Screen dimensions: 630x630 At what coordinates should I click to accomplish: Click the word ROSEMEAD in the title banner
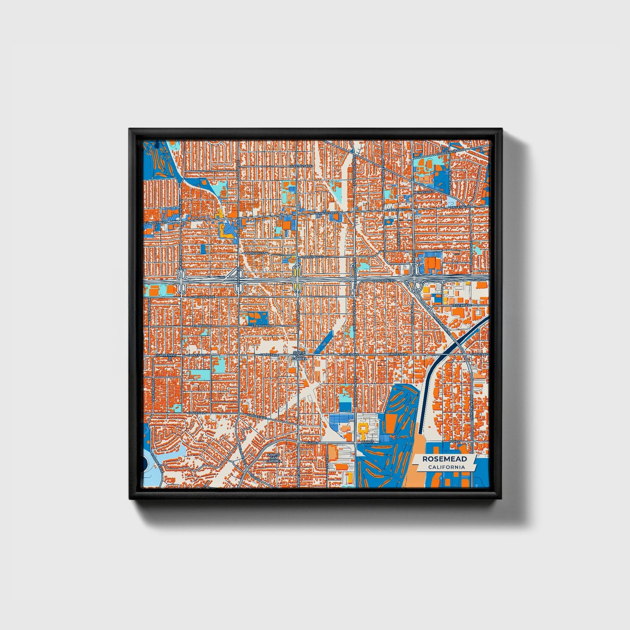(x=444, y=459)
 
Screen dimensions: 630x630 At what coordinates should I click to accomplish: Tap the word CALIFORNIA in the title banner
(x=446, y=467)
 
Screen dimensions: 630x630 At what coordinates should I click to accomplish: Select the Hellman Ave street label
(x=205, y=296)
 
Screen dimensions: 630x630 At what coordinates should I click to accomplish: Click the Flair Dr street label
(x=479, y=279)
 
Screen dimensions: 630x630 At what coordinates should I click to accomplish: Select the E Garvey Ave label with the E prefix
(x=167, y=355)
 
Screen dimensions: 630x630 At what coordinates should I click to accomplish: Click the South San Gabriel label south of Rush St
(x=273, y=457)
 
